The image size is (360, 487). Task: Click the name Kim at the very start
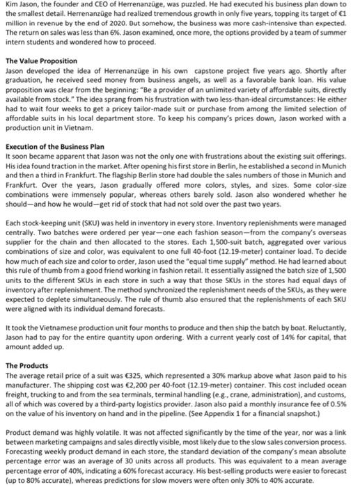point(8,5)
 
